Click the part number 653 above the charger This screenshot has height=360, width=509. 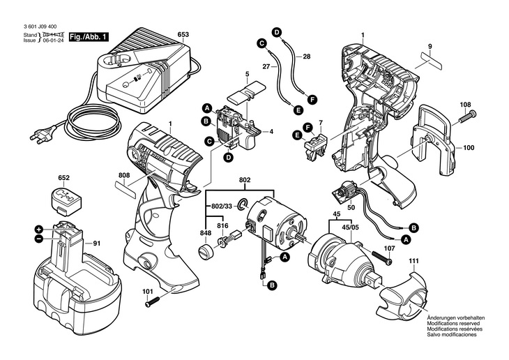tap(183, 34)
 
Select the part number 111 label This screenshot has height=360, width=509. tap(414, 261)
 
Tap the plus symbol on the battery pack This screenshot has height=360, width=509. tap(39, 228)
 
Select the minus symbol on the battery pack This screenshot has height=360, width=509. tap(39, 239)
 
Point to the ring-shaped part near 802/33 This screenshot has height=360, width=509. tap(243, 204)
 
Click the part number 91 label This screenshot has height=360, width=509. tap(96, 243)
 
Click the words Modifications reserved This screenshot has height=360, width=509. tap(456, 322)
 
